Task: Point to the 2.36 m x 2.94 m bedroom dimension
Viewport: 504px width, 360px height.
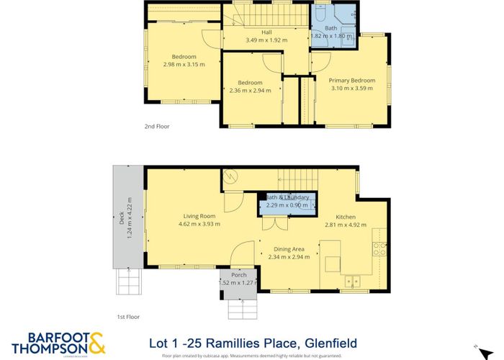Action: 250,91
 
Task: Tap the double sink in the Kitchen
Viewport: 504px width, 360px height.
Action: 352,282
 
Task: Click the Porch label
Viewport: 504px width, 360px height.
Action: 238,275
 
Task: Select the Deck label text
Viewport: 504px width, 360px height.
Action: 121,231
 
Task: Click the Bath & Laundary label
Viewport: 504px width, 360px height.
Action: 288,197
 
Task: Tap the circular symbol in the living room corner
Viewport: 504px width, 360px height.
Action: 232,176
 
